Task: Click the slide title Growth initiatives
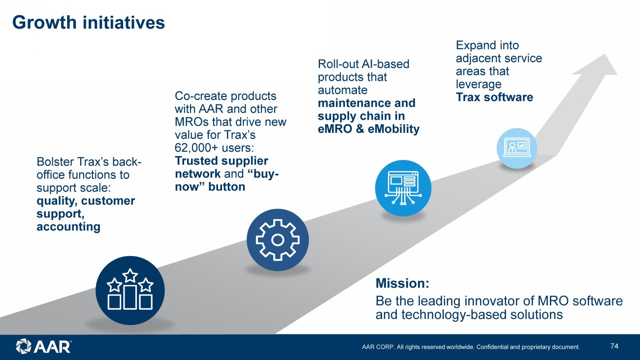coord(89,22)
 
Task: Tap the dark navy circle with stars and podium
coord(130,290)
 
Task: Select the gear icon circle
coord(278,240)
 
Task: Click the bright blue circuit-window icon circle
coord(403,188)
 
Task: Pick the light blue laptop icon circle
coord(517,148)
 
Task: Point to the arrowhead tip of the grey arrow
coord(605,54)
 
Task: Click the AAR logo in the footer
coord(43,347)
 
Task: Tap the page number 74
coord(614,346)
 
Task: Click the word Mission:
coord(402,284)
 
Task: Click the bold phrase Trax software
coord(494,97)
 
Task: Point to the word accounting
coord(68,227)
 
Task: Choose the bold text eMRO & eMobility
coord(369,129)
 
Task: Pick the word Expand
coord(474,46)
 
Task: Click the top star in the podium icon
coord(130,275)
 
